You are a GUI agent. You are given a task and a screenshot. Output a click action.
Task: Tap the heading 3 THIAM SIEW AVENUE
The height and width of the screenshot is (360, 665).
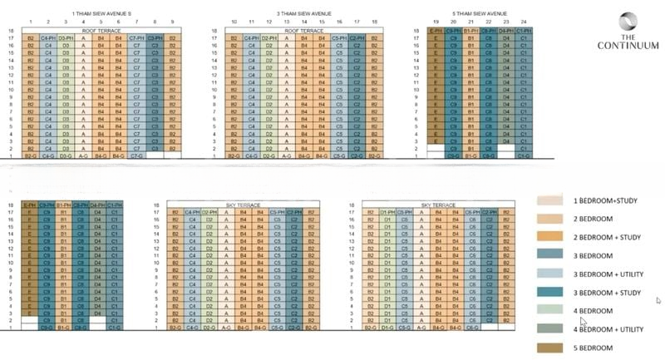(x=303, y=14)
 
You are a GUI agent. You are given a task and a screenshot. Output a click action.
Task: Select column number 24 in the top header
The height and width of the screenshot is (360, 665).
(x=522, y=22)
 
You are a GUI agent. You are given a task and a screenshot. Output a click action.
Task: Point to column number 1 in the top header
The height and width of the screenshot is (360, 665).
(x=31, y=22)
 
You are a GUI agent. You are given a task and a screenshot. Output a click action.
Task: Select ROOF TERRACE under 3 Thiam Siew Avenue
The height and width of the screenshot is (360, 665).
(x=303, y=31)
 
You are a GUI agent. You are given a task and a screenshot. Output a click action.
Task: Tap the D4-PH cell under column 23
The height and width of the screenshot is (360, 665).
(x=505, y=31)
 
